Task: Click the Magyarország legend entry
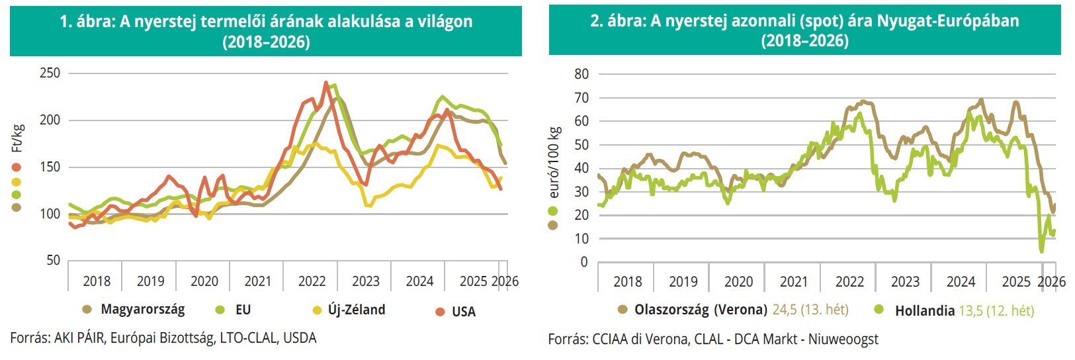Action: (x=142, y=309)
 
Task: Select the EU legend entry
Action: (x=242, y=310)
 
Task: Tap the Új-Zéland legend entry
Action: (x=356, y=310)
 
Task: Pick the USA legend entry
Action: (x=463, y=311)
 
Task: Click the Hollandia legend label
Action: (x=925, y=310)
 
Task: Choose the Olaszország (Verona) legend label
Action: (x=701, y=310)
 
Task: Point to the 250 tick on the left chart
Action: (x=50, y=73)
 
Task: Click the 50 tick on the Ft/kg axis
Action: (x=53, y=261)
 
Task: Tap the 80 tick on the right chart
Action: (x=581, y=74)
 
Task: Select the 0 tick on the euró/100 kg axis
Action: (x=583, y=262)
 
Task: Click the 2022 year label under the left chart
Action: (x=312, y=281)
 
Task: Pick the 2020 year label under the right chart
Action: (x=738, y=282)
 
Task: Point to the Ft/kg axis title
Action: (x=18, y=138)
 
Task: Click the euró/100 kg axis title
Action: (x=554, y=162)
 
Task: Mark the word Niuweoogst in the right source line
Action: (x=847, y=339)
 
